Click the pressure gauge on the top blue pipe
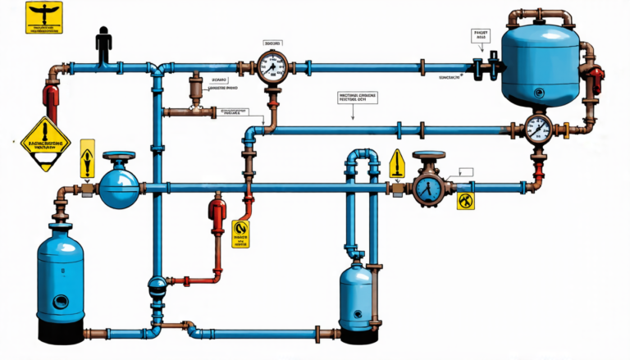click(268, 67)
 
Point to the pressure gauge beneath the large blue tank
click(536, 129)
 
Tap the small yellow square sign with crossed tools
click(465, 199)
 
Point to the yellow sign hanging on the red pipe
click(241, 232)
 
